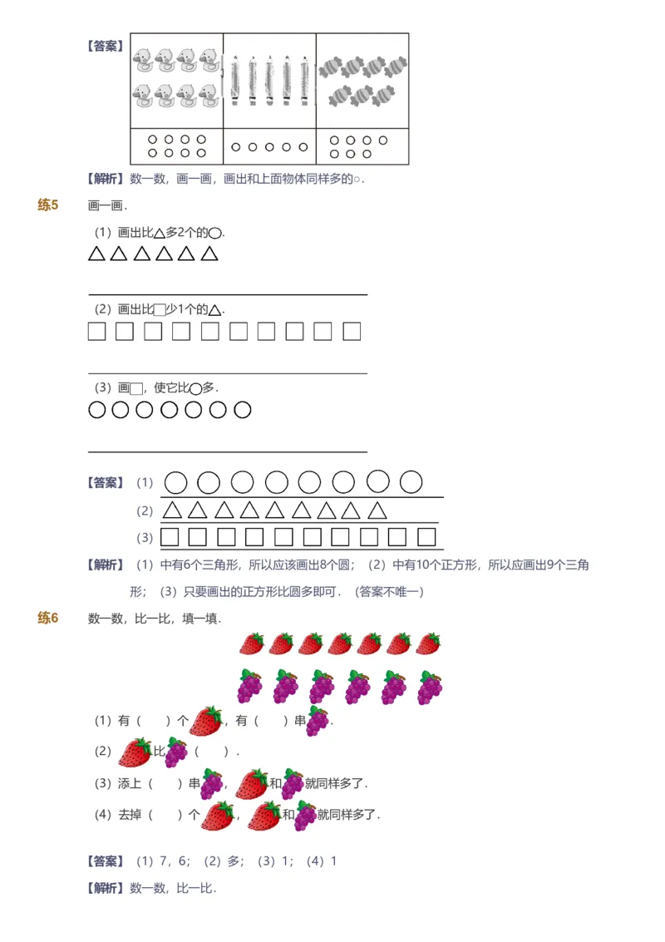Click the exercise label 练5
tap(48, 205)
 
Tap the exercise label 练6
tap(48, 618)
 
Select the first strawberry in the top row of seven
tap(252, 644)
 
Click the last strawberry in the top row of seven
tap(428, 644)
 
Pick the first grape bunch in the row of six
tap(250, 687)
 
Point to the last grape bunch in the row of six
tap(430, 687)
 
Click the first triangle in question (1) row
tap(97, 254)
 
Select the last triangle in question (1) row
tap(209, 254)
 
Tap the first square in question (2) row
tap(97, 332)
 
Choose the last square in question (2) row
tap(352, 332)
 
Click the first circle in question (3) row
tap(97, 410)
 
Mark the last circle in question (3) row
tap(242, 410)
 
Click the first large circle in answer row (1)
tap(175, 482)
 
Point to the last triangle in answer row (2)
tap(377, 510)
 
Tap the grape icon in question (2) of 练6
tap(175, 752)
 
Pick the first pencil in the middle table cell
tap(235, 81)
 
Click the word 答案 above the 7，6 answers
tap(106, 861)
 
